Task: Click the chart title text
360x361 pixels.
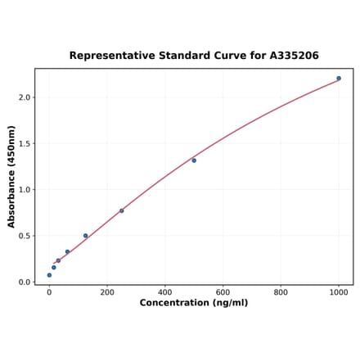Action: (x=194, y=56)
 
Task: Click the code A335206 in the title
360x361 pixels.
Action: (x=294, y=56)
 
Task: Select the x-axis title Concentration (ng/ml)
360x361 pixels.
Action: (x=194, y=303)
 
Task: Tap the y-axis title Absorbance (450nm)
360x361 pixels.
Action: (x=11, y=177)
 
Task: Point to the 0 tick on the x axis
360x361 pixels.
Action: (x=49, y=291)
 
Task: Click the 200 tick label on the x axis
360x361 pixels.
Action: (x=107, y=291)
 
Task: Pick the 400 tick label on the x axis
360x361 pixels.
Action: (x=165, y=291)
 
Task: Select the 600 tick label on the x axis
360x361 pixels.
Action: (x=223, y=291)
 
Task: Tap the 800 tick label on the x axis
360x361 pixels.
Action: (x=281, y=291)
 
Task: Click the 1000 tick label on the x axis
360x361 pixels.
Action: (x=339, y=291)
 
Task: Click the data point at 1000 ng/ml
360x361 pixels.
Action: (x=339, y=79)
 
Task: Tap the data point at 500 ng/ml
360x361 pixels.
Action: (x=194, y=160)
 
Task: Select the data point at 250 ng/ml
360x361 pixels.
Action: (x=122, y=210)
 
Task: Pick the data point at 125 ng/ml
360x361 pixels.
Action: (x=85, y=236)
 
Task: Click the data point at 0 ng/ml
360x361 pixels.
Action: (x=49, y=275)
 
